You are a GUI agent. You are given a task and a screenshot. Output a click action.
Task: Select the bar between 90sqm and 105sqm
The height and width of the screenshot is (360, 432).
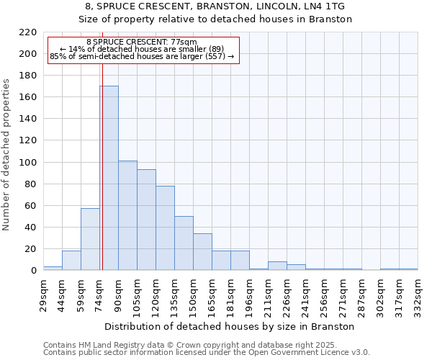click(x=127, y=215)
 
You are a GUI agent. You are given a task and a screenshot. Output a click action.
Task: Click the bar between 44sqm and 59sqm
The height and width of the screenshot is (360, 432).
click(x=71, y=261)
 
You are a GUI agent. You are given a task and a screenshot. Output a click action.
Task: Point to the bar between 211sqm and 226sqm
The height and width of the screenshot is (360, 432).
click(x=277, y=266)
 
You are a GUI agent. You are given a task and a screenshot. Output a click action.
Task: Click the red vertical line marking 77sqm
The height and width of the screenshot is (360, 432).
click(x=102, y=180)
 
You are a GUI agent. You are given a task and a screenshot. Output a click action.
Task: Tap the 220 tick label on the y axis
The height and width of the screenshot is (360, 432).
click(x=28, y=32)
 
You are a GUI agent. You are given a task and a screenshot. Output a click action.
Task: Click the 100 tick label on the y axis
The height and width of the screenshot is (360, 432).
click(x=28, y=163)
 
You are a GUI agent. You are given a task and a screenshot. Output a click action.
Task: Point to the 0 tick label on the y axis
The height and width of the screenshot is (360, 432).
click(x=33, y=271)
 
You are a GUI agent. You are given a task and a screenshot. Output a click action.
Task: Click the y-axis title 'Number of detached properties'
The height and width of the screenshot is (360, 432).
click(x=7, y=155)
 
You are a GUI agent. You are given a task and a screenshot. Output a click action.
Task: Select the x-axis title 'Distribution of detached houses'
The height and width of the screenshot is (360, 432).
click(x=235, y=326)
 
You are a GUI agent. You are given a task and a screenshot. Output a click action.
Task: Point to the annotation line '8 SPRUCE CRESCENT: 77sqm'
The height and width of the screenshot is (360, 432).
click(x=141, y=42)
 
